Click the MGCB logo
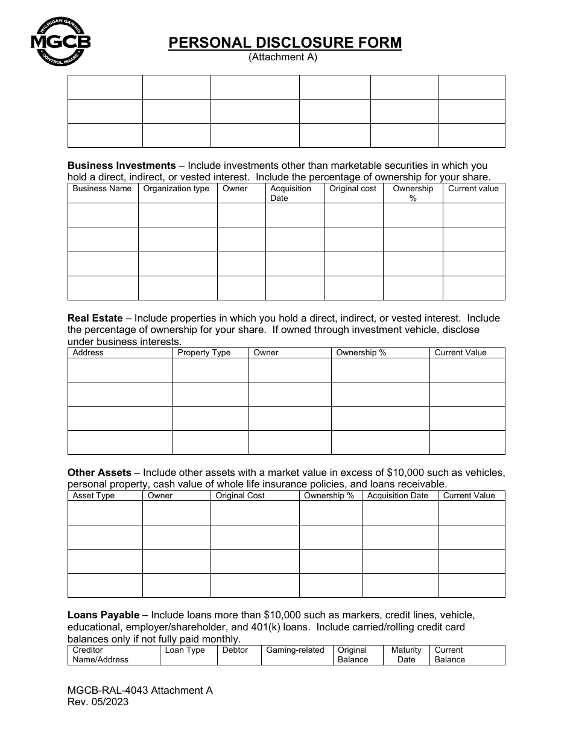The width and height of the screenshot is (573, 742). point(60,41)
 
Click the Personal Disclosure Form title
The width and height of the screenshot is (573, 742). point(285,43)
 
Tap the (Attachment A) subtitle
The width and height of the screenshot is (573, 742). point(283,57)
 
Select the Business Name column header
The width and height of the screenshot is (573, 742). point(102,189)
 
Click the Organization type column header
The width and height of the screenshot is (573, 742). point(176,189)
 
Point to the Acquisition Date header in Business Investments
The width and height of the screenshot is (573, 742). point(291,193)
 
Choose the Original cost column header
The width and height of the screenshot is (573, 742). point(352,189)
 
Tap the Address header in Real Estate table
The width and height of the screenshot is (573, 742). point(88,353)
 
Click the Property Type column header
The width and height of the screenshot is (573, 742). point(204,353)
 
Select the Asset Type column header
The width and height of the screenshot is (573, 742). point(93,496)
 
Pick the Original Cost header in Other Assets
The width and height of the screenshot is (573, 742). point(240,496)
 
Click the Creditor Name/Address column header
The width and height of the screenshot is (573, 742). point(100,655)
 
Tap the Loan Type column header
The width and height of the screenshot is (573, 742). point(185,650)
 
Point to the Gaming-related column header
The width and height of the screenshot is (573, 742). point(295,650)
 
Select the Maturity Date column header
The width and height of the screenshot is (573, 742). point(406,655)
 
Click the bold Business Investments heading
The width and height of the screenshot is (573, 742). point(121,165)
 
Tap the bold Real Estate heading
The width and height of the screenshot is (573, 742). point(95,318)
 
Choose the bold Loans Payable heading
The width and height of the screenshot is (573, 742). point(103,615)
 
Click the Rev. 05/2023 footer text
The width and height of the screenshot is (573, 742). point(98,702)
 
